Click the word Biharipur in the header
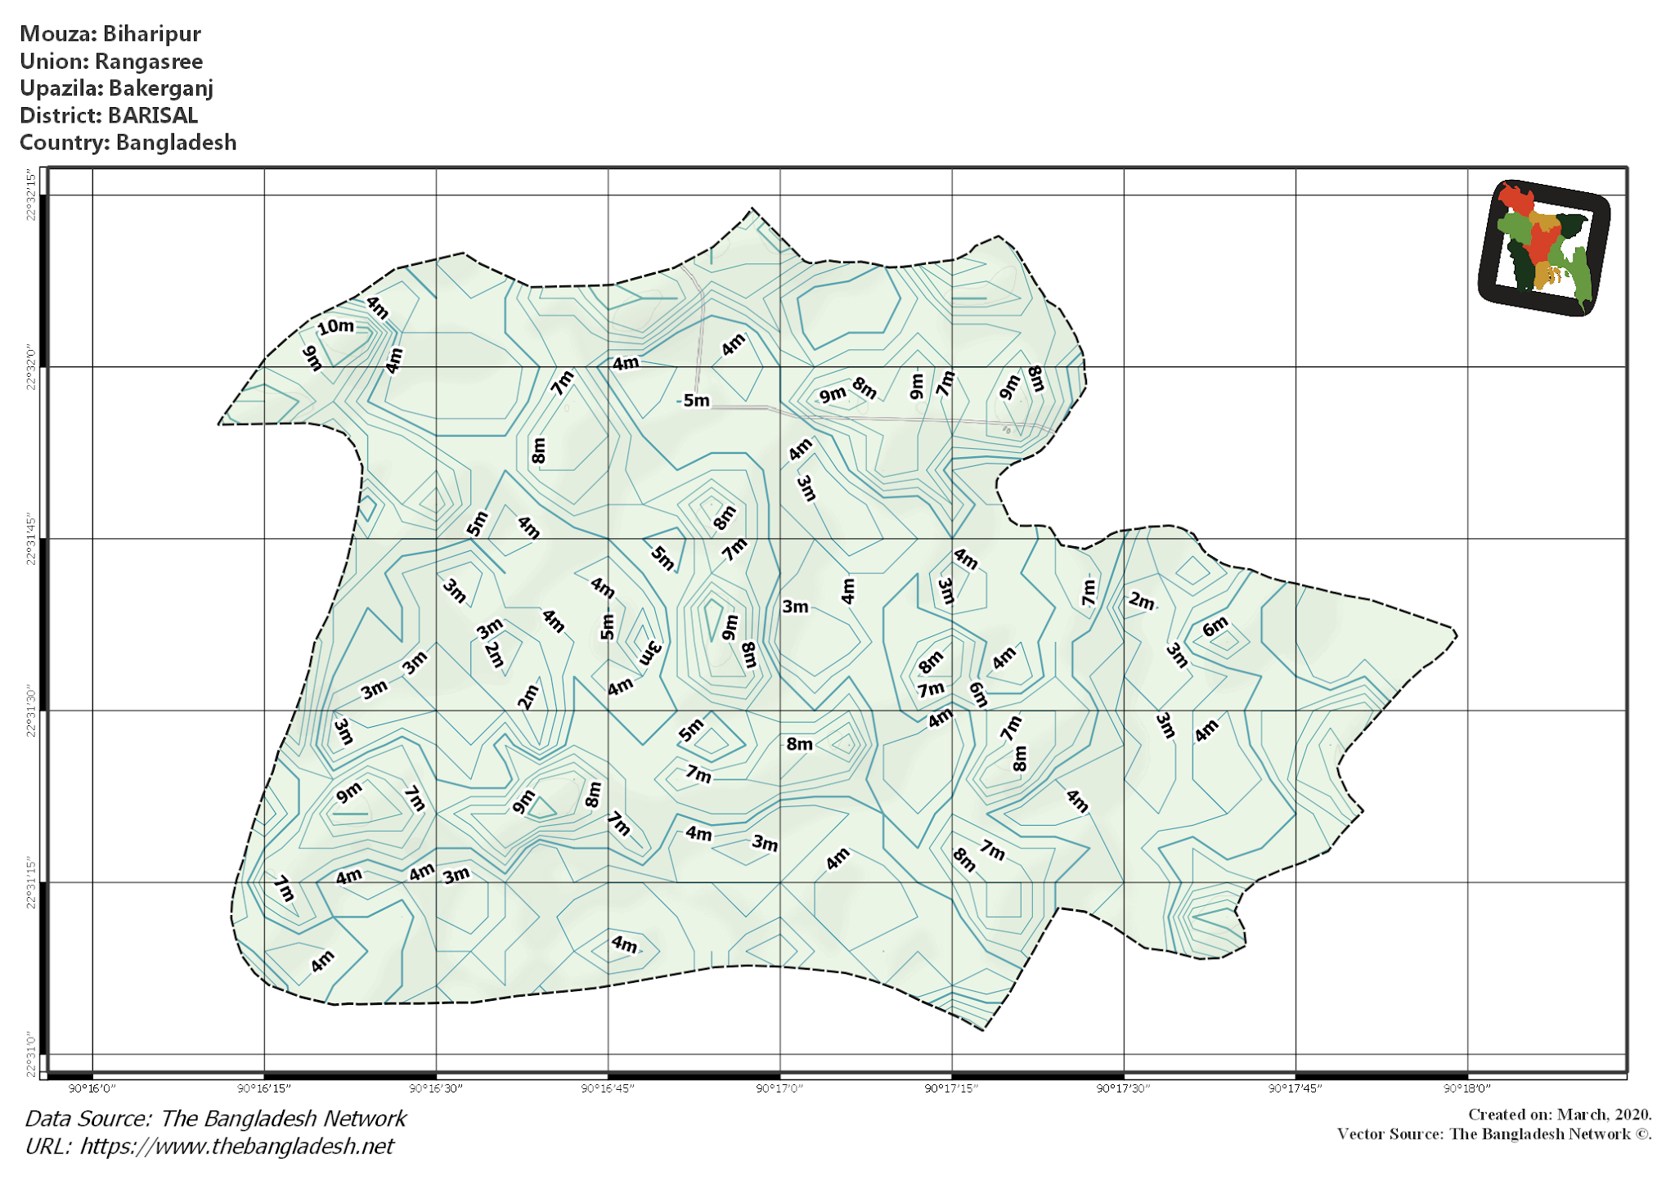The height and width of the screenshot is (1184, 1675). pos(151,34)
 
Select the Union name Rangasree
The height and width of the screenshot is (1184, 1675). pos(148,61)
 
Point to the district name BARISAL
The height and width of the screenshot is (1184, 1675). pos(152,115)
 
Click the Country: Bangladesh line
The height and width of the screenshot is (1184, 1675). pos(128,142)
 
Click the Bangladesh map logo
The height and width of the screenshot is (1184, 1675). pos(1543,248)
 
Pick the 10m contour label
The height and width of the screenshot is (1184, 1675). pos(335,327)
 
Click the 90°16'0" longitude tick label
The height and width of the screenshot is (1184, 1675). pos(92,1088)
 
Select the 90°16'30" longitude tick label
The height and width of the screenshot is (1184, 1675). pos(436,1088)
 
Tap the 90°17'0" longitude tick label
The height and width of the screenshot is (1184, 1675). pos(779,1088)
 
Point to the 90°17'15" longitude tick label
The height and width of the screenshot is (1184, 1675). pos(951,1088)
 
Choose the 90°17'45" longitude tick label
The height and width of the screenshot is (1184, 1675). pos(1295,1088)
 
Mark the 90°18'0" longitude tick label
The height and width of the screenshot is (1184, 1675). pos(1467,1088)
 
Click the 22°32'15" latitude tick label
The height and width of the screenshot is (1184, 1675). pos(32,195)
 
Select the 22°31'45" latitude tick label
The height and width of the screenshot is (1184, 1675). pos(32,539)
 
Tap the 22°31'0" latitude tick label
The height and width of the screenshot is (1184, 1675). pos(32,1054)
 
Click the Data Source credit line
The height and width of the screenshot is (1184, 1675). pos(215,1119)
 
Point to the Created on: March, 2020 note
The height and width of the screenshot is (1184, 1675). pos(1559,1114)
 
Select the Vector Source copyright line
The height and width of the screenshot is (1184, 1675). pos(1493,1134)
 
